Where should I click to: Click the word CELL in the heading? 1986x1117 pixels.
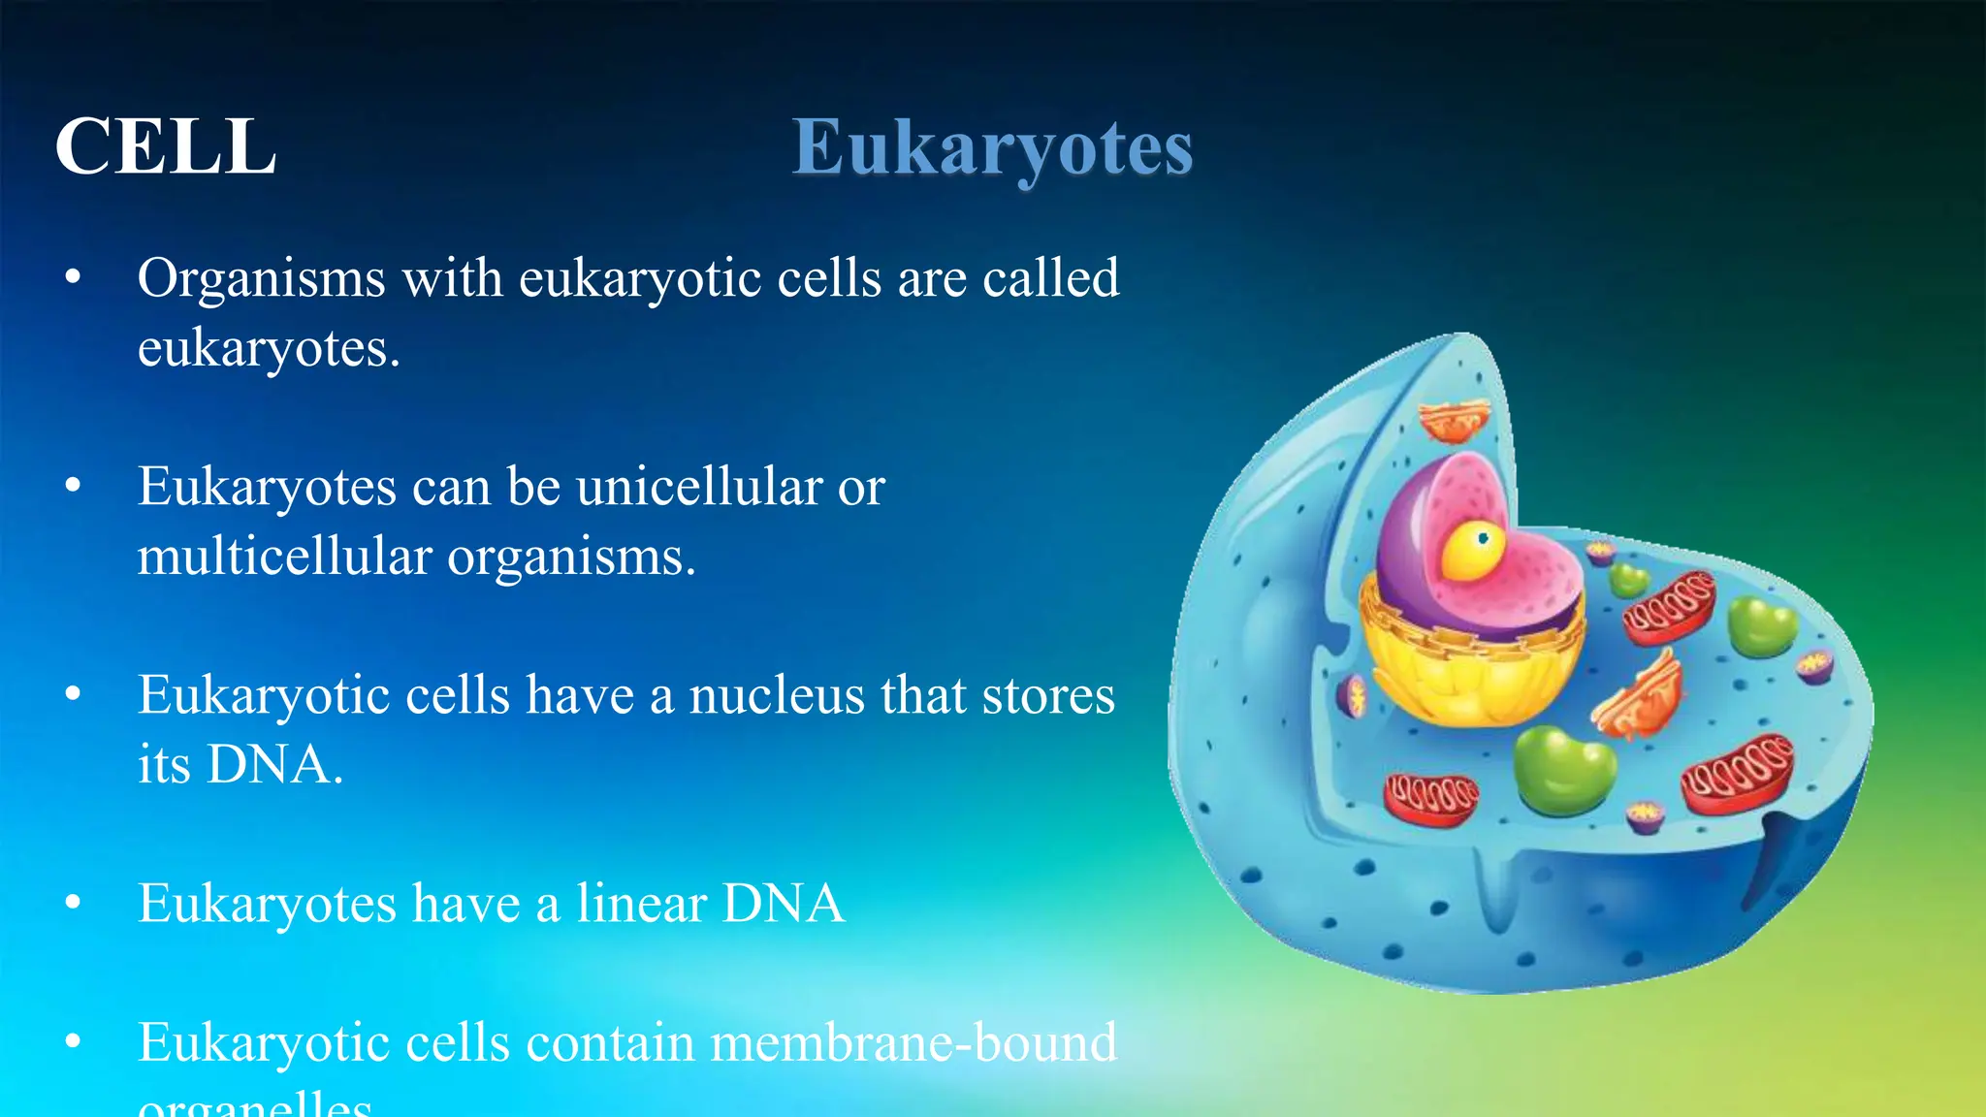[166, 147]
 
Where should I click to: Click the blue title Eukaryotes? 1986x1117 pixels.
[992, 148]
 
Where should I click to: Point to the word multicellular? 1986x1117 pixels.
[284, 558]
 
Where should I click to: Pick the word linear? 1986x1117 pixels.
[641, 904]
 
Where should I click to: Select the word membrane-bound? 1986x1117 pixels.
[913, 1043]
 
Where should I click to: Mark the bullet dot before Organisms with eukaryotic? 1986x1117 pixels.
[73, 278]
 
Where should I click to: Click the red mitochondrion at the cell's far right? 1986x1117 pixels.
[1738, 773]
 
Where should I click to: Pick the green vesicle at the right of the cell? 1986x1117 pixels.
[1761, 625]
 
